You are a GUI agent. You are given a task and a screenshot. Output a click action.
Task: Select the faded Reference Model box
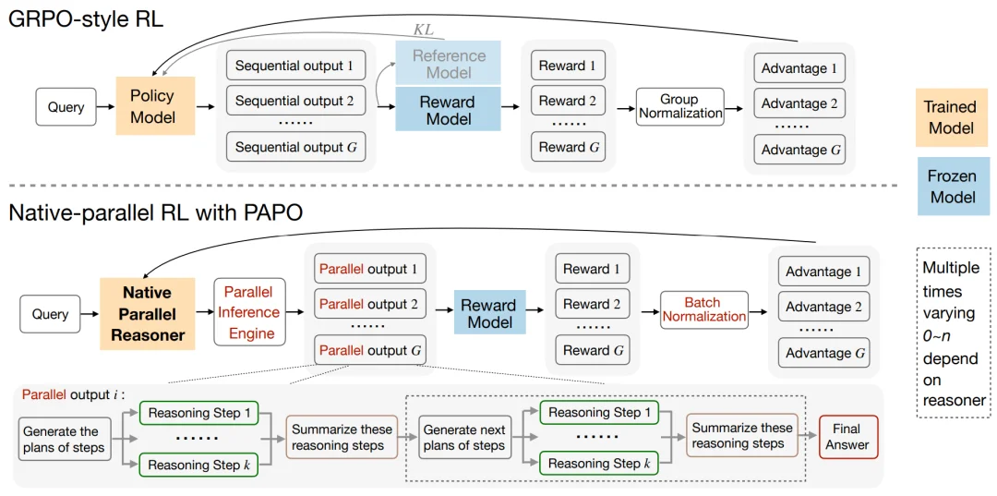point(449,64)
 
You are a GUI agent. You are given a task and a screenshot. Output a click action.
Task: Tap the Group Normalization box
point(680,107)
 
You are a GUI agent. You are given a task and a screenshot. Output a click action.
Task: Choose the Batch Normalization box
point(703,309)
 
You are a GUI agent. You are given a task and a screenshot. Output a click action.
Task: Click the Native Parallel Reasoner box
point(148,314)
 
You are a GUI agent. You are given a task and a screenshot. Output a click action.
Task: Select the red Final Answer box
point(847,437)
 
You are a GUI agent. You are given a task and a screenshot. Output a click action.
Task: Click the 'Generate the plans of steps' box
point(61,439)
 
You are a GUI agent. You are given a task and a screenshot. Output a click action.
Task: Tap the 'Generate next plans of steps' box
point(463,438)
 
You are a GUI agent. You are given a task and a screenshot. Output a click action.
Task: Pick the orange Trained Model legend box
point(951,118)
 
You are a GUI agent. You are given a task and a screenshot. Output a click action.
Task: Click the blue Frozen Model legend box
point(953,187)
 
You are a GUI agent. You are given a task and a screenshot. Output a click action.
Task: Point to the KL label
point(423,30)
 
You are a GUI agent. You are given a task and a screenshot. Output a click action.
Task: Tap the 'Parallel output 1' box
point(367,269)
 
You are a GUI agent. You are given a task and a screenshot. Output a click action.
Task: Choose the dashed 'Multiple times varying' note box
point(954,333)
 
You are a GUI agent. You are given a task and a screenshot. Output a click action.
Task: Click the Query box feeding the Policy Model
point(66,107)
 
